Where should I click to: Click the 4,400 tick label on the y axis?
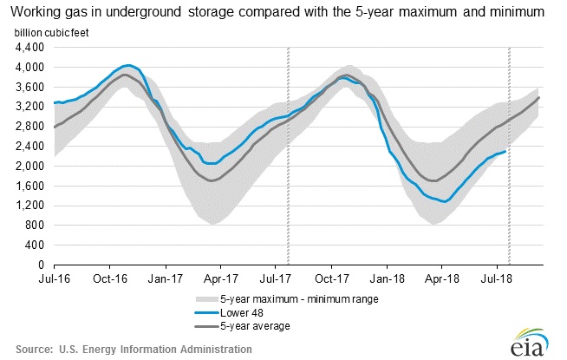coord(32,47)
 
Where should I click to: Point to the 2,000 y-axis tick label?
coord(32,166)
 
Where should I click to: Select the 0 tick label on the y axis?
coord(45,265)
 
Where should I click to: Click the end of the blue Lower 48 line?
coord(506,151)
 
